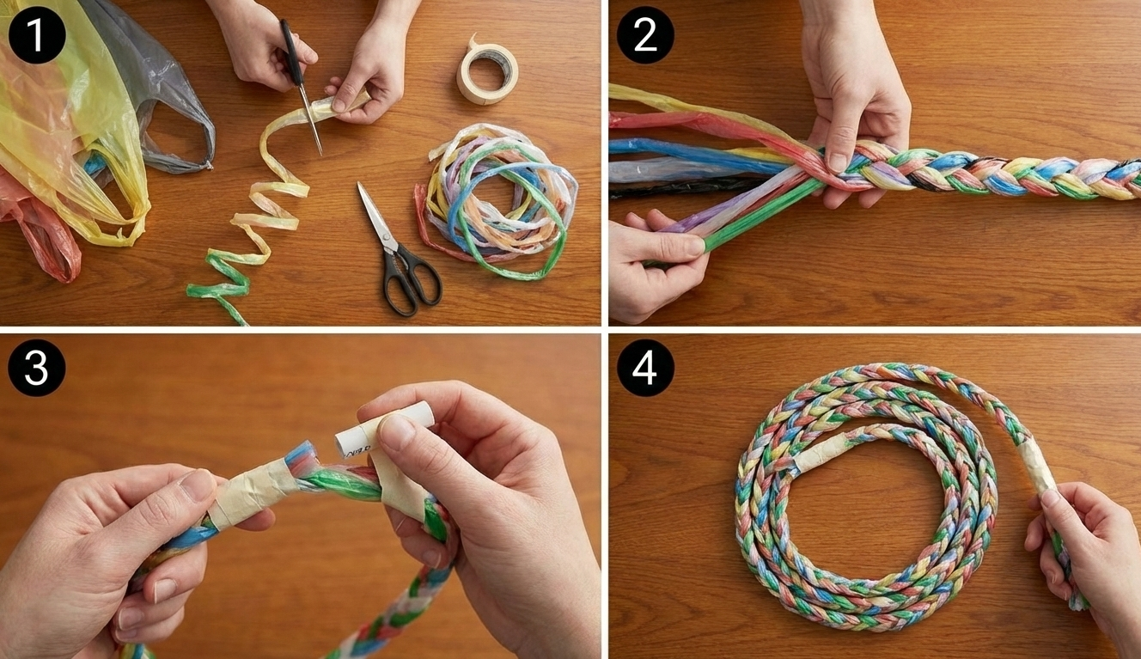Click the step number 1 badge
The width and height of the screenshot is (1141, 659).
tap(37, 34)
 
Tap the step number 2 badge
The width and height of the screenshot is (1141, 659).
tap(645, 34)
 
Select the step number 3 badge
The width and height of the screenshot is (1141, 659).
tap(37, 368)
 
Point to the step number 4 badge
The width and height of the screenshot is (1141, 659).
tap(645, 368)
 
